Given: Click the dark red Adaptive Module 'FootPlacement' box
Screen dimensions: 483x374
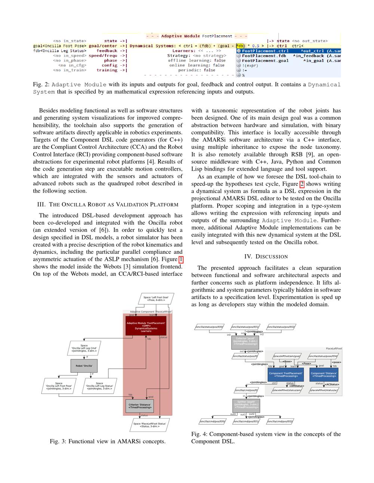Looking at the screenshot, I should [146, 325].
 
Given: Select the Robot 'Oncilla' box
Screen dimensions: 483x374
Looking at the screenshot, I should [84, 366].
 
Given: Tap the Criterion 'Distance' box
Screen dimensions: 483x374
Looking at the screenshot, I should [140, 406].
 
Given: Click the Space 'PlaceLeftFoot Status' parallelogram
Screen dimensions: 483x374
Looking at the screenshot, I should [150, 425].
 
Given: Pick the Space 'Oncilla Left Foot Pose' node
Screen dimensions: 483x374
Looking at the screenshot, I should [59, 386].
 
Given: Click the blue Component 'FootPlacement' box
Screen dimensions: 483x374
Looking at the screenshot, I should [286, 374].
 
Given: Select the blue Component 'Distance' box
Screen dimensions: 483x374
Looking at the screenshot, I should [324, 374].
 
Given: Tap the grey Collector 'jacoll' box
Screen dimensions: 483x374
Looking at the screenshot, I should [245, 342].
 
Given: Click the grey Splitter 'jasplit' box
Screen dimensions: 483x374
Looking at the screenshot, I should [245, 405].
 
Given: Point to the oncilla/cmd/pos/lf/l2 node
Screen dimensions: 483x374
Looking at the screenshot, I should [280, 421].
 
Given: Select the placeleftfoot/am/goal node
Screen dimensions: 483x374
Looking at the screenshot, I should [287, 356].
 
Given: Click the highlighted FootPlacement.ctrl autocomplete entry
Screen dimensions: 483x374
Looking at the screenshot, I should [265, 51].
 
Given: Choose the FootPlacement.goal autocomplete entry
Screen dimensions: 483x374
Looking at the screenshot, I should [265, 60].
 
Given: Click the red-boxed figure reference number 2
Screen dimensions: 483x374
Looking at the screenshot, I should [302, 184].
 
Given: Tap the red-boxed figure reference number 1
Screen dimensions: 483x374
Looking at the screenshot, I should [181, 259].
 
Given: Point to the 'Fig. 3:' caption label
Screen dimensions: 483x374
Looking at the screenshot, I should [58, 441].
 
